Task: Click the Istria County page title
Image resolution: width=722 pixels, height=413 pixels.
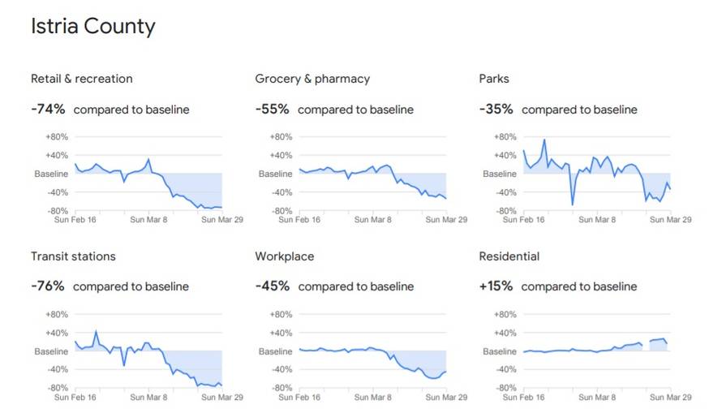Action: [x=92, y=26]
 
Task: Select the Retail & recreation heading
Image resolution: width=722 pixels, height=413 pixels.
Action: [x=81, y=79]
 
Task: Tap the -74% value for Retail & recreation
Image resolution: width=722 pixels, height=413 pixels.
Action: [x=48, y=110]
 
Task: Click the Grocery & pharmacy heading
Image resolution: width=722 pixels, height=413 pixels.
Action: [x=312, y=79]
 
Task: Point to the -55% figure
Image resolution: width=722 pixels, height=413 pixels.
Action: [x=272, y=110]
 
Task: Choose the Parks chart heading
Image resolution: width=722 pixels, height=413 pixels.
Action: [x=494, y=79]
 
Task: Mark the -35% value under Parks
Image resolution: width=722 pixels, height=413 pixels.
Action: [x=496, y=110]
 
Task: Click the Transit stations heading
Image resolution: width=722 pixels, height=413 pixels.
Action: [x=73, y=256]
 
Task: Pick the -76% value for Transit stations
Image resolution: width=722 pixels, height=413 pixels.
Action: [x=48, y=286]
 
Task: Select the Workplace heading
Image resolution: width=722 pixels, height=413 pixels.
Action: [x=284, y=256]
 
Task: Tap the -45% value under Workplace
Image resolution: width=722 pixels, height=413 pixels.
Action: [x=272, y=286]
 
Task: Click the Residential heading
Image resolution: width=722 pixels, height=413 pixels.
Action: [x=509, y=256]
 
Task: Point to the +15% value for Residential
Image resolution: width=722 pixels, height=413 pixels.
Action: [x=496, y=286]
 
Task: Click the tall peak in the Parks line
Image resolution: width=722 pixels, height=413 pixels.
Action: [x=544, y=140]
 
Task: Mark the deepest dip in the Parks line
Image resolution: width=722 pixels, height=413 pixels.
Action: [x=572, y=204]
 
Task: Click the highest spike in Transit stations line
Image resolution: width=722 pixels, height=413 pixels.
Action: [x=96, y=331]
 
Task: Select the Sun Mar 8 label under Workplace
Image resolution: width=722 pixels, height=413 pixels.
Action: [x=374, y=398]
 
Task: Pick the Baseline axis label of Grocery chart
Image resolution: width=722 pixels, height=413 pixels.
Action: [x=275, y=174]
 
